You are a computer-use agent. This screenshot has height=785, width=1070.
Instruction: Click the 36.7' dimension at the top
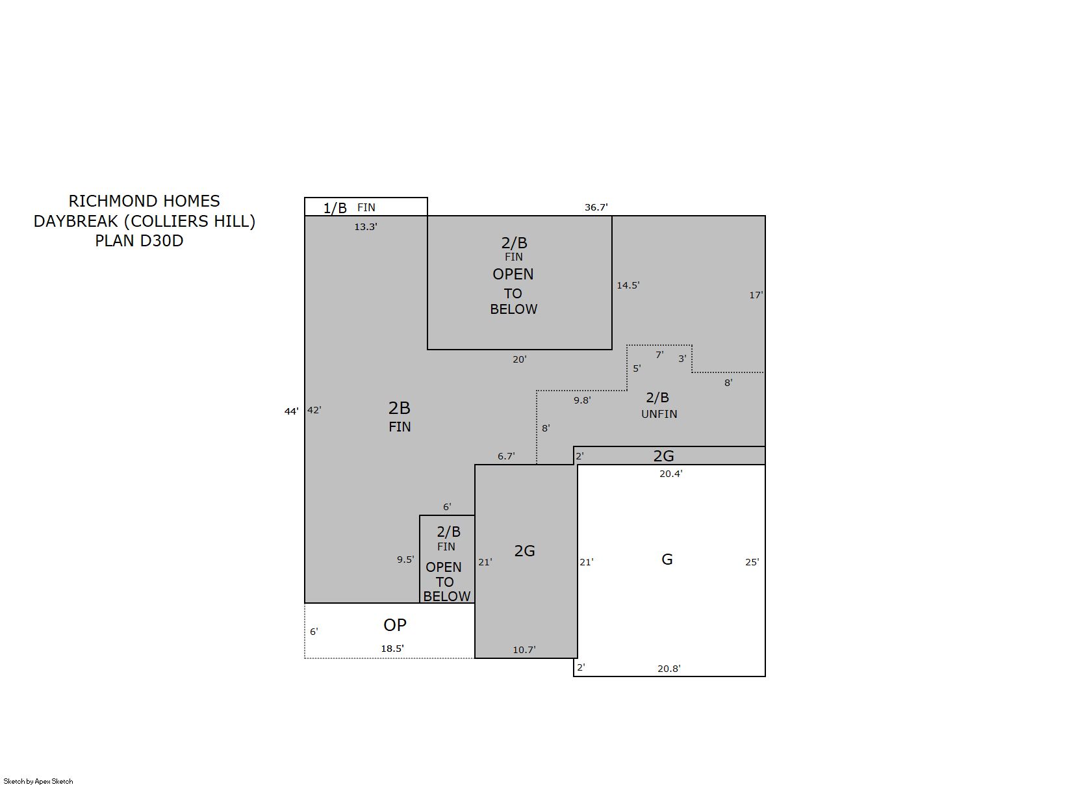(596, 207)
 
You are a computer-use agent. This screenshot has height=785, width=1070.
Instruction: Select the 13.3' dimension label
(365, 227)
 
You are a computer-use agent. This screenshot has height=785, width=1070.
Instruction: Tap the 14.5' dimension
(628, 285)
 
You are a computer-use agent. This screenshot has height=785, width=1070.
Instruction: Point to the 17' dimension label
(756, 295)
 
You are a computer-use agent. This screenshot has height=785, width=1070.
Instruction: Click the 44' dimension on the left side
(292, 411)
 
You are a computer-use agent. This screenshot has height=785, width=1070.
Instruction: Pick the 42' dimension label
(314, 410)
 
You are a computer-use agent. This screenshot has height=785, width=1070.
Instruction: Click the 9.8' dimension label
(582, 400)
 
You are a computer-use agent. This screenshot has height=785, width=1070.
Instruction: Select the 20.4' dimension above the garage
(670, 474)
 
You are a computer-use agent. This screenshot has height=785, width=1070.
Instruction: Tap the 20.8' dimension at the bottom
(669, 669)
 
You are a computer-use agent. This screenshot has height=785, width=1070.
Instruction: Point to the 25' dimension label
(752, 562)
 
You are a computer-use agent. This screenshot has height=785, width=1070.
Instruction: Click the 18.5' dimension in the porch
(392, 649)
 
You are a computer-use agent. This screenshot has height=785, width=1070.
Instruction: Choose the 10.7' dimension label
(524, 650)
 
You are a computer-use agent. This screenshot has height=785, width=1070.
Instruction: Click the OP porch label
(394, 625)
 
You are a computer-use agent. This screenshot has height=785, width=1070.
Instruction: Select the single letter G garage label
(667, 560)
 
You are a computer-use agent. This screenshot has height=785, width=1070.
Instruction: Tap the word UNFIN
(659, 414)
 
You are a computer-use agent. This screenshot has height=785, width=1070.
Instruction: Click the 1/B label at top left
(335, 209)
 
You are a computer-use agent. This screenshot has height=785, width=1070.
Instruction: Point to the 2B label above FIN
(399, 408)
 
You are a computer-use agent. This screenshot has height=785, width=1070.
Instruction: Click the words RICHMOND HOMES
(144, 201)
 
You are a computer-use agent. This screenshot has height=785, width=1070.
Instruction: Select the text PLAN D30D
(139, 241)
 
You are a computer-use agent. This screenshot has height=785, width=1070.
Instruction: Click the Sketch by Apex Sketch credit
(38, 781)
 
